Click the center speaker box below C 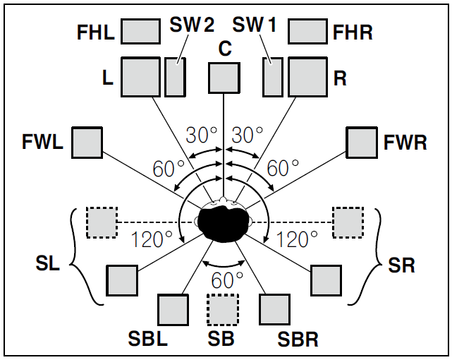(x=224, y=78)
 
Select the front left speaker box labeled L (x=141, y=76)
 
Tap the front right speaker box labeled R (x=307, y=76)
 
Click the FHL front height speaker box (x=141, y=31)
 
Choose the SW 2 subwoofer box (x=175, y=76)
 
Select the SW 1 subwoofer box (x=272, y=76)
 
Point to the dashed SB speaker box (x=223, y=308)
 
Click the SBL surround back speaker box (x=173, y=308)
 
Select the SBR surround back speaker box (x=275, y=308)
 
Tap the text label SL (x=47, y=265)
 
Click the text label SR (x=402, y=265)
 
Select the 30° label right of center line (x=248, y=134)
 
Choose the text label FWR (x=405, y=143)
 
